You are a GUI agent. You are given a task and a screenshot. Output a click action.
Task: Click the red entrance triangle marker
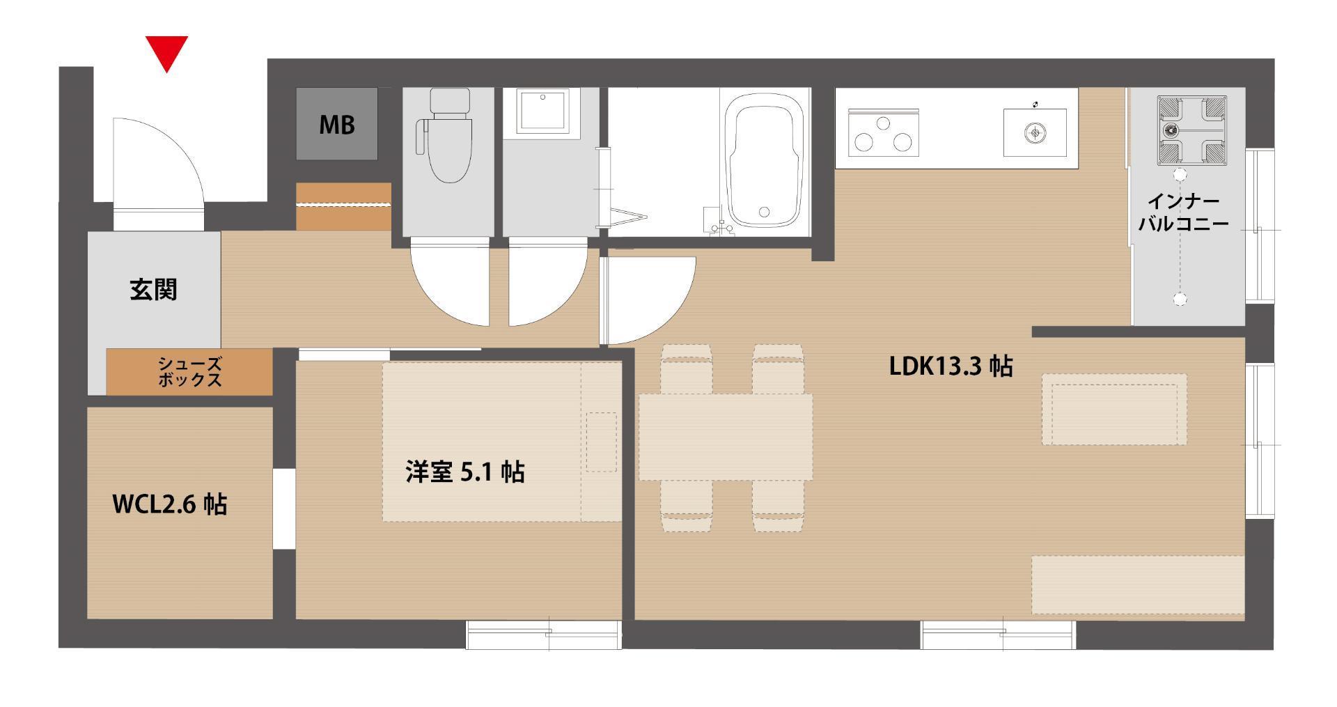tap(167, 53)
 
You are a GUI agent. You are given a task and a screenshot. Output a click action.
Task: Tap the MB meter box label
tap(337, 125)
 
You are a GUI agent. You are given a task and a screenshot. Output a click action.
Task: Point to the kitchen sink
tap(1035, 132)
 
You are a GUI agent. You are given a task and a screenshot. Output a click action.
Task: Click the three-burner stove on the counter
tap(884, 133)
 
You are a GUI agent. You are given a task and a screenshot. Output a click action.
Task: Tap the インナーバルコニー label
tap(1183, 212)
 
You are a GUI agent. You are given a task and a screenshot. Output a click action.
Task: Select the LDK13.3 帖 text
tap(951, 366)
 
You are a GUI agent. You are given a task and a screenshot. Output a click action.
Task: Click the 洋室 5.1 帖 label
tap(465, 472)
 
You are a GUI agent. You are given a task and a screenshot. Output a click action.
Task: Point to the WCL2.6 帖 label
tap(170, 504)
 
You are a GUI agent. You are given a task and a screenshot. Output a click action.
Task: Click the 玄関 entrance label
tap(153, 289)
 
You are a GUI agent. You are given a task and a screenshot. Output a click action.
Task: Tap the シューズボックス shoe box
tap(189, 372)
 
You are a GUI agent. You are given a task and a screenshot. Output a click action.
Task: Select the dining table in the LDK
tap(726, 437)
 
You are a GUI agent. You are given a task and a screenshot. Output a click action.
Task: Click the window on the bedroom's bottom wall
tap(543, 635)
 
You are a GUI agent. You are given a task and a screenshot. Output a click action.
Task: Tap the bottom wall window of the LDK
tap(999, 635)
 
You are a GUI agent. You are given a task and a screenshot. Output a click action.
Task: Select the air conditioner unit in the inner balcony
tap(1191, 131)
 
